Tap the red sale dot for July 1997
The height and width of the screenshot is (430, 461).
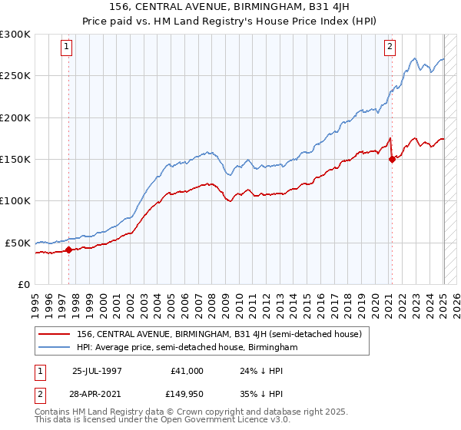(x=68, y=250)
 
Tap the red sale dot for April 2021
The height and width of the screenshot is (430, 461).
(x=392, y=160)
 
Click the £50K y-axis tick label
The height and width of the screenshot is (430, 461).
(x=18, y=243)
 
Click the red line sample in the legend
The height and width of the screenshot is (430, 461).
(x=55, y=334)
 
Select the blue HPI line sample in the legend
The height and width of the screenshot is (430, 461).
(x=55, y=348)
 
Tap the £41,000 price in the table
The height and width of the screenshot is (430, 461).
(x=187, y=370)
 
